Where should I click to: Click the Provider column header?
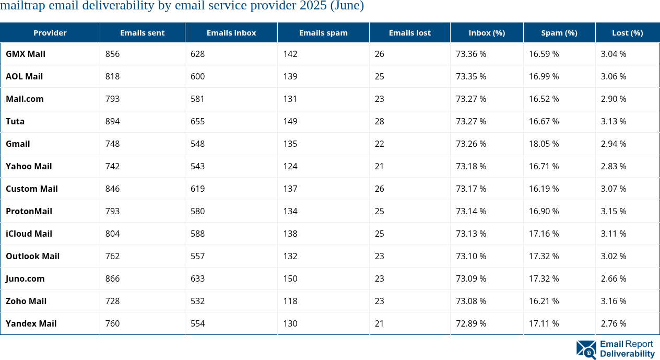click(50, 32)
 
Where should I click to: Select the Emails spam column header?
click(323, 32)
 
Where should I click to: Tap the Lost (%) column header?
click(627, 32)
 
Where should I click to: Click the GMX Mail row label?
click(26, 54)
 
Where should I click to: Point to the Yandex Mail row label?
click(31, 323)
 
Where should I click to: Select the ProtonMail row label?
click(29, 211)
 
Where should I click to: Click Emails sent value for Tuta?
click(112, 121)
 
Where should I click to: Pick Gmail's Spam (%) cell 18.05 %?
click(544, 144)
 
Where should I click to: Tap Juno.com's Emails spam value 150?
click(290, 278)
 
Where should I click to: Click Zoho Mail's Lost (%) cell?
click(614, 301)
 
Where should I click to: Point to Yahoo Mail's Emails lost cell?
click(379, 166)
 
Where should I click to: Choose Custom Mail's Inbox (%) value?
click(471, 189)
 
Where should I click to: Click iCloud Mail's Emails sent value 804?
click(112, 234)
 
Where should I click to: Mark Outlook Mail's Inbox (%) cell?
click(471, 256)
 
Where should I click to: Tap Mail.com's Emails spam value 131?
click(290, 99)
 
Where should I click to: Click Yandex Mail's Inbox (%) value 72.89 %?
click(471, 323)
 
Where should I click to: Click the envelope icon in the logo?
click(586, 350)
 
